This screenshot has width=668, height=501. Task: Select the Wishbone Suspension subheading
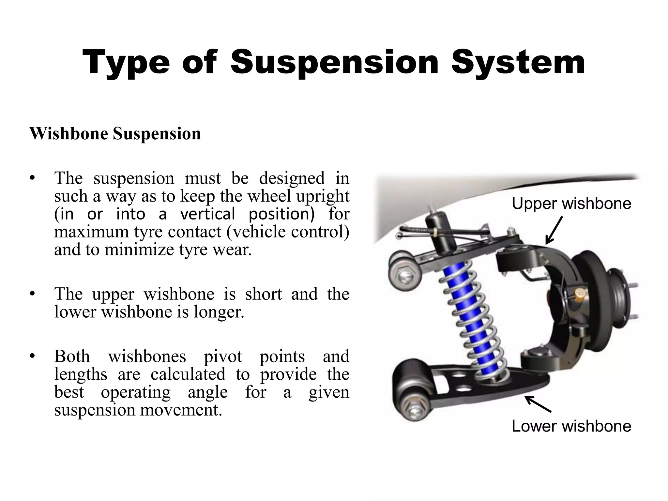point(115,134)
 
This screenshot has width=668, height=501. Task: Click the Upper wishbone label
point(571,204)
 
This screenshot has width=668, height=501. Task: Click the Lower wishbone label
point(571,426)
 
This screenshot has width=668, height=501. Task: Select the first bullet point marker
point(32,178)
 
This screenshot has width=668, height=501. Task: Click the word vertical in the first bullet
point(207,214)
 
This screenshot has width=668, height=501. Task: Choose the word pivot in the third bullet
point(223,356)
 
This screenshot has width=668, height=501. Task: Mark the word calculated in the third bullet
point(188,374)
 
